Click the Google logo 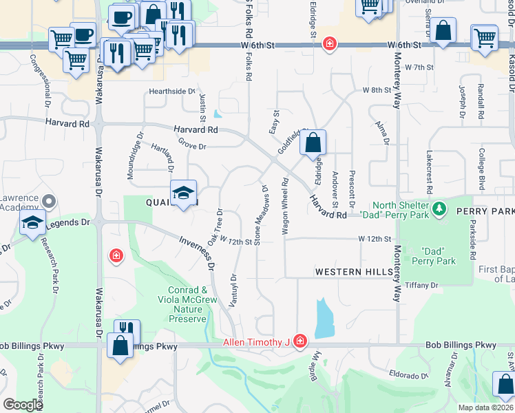tap(23, 405)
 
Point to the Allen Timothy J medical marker tap(299, 341)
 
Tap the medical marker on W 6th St tap(330, 44)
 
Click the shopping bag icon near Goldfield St tap(313, 143)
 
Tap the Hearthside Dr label tap(173, 91)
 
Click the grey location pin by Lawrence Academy tap(48, 202)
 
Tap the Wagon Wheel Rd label tap(284, 205)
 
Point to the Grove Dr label tap(192, 146)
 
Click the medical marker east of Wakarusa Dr tap(116, 257)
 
